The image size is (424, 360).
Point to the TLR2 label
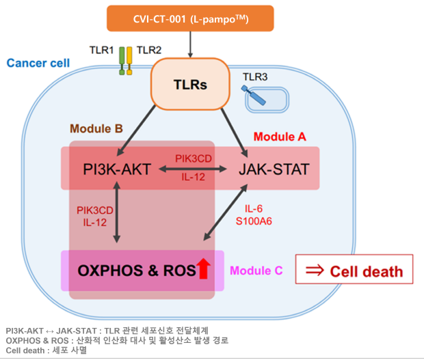(149, 50)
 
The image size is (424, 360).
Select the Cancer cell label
(38, 64)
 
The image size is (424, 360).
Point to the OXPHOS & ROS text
(134, 270)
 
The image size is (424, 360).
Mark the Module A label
(280, 137)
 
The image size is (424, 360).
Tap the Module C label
(256, 271)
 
